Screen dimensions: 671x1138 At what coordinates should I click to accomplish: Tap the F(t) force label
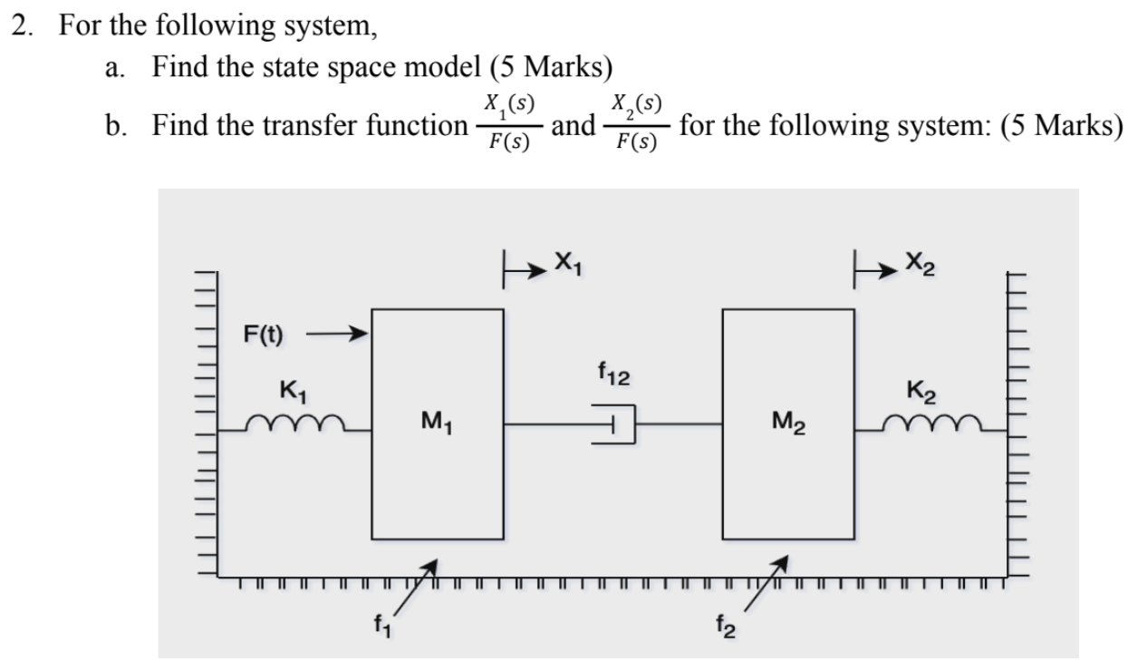[x=263, y=334]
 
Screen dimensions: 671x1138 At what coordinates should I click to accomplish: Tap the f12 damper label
[x=614, y=371]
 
